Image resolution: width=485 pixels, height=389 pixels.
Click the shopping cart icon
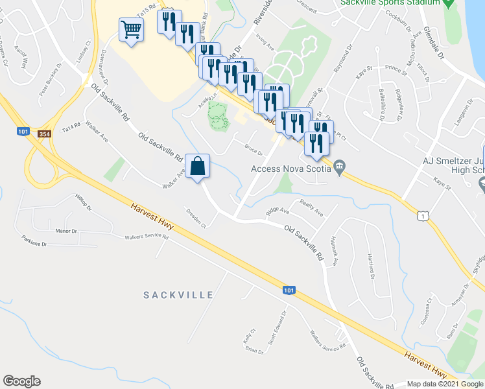click(131, 30)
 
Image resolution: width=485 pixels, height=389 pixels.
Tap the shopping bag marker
click(198, 167)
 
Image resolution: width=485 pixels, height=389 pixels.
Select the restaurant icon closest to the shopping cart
click(168, 23)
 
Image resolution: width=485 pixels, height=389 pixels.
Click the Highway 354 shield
click(44, 134)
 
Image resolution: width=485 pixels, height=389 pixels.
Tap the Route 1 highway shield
click(423, 215)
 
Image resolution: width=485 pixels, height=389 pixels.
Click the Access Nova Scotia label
click(291, 170)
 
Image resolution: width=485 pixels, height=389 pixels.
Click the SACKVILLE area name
click(178, 295)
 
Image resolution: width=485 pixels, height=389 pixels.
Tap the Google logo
click(21, 381)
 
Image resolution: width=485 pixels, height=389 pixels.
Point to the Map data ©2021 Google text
click(444, 384)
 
